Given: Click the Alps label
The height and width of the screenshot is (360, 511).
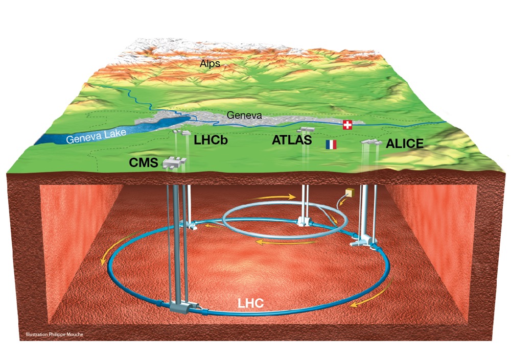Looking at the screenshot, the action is tap(210, 63).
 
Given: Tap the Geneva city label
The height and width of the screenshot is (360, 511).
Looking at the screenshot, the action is tap(244, 115).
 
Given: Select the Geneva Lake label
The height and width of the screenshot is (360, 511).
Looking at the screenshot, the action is tap(96, 136).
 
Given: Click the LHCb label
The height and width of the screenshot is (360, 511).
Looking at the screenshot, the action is tap(211, 140).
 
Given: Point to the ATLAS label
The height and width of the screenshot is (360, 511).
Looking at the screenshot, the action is tap(292, 140).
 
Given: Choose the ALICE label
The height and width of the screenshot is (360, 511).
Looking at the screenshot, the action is tap(405, 143).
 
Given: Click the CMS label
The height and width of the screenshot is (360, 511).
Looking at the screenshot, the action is tap(144, 162).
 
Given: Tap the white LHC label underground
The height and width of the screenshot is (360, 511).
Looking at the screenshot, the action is tap(250, 303).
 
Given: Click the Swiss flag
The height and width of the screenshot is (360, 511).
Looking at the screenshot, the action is tap(347, 125).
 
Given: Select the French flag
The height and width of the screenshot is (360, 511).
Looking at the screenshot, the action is tap(331, 145).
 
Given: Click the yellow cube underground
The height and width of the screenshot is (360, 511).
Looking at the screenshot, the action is tap(350, 193).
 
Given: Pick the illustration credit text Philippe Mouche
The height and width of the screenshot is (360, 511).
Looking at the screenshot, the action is tap(55, 334).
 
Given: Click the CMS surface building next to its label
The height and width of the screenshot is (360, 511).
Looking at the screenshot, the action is tap(174, 162).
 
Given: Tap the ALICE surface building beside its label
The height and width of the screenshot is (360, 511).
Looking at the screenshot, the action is tap(371, 142).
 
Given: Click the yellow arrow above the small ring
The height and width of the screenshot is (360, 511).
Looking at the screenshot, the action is tap(272, 197).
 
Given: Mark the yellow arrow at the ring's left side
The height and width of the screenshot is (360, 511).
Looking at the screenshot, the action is tap(122, 246).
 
